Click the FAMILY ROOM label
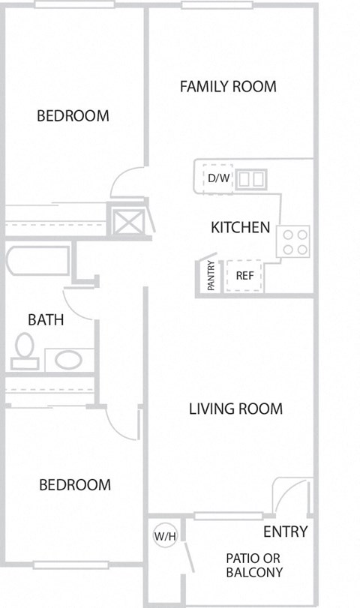pyautogui.click(x=228, y=86)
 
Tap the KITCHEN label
pyautogui.click(x=240, y=227)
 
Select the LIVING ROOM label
pyautogui.click(x=235, y=409)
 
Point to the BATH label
pyautogui.click(x=46, y=319)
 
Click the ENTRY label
pyautogui.click(x=285, y=532)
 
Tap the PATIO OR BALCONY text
pyautogui.click(x=254, y=565)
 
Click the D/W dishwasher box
pyautogui.click(x=218, y=178)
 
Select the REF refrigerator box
pyautogui.click(x=244, y=274)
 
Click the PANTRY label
pyautogui.click(x=211, y=275)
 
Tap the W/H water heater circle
pyautogui.click(x=164, y=536)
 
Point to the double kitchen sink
pyautogui.click(x=252, y=178)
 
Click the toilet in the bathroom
pyautogui.click(x=25, y=350)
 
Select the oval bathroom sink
pyautogui.click(x=68, y=359)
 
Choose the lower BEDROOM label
pyautogui.click(x=75, y=484)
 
